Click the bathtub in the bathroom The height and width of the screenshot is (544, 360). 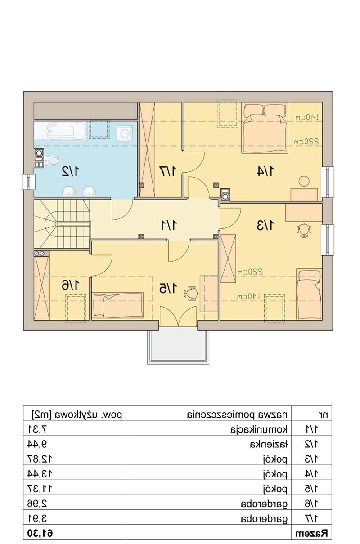(66, 131)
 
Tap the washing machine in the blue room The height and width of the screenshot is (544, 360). (125, 134)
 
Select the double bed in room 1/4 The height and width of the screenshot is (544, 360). (265, 128)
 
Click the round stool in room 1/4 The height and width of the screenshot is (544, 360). (304, 181)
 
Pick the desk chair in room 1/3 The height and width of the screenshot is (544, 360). (304, 230)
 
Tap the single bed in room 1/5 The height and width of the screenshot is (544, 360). (118, 305)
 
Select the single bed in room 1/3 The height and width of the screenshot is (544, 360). (309, 294)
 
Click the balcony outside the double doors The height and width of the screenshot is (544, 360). (178, 345)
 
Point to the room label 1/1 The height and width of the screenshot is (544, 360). (169, 225)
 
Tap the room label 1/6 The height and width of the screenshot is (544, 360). (71, 285)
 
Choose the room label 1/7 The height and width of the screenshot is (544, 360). (168, 171)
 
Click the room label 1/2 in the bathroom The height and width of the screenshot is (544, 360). (71, 171)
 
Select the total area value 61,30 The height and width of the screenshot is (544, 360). (40, 533)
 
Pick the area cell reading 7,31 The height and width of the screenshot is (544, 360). (37, 430)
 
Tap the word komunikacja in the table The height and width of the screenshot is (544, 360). (259, 430)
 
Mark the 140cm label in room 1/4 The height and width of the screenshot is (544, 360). (307, 117)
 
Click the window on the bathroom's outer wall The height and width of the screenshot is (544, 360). (29, 182)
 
